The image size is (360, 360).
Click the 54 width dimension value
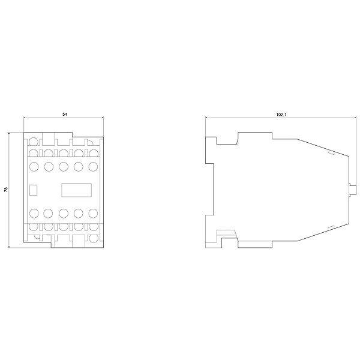tap(65, 114)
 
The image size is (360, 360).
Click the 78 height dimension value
tap(6, 189)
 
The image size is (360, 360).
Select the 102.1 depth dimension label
tap(282, 114)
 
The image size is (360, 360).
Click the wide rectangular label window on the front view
tap(76, 190)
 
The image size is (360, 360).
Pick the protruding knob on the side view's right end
tap(352, 190)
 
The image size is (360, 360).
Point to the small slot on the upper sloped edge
tap(330, 152)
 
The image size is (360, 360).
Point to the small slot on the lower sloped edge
tap(331, 227)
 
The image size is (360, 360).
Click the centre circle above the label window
tap(64, 166)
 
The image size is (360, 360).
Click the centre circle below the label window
tap(64, 213)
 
